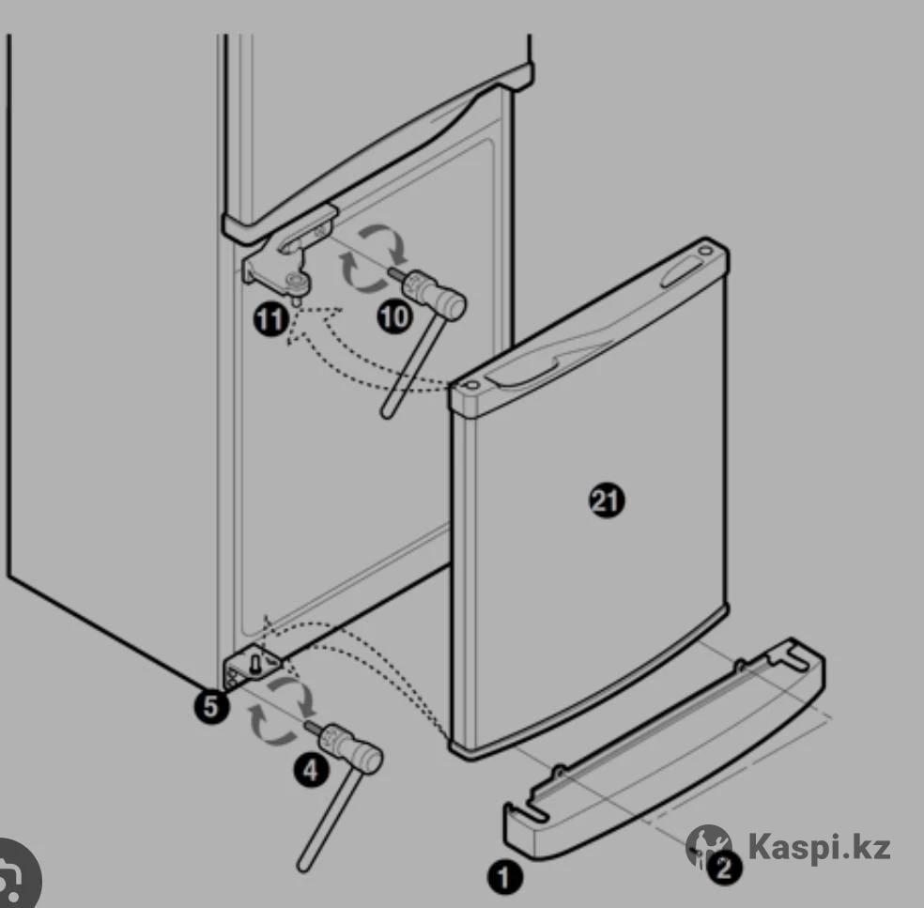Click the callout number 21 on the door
(607, 500)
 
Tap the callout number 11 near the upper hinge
(271, 320)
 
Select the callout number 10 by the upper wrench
(394, 317)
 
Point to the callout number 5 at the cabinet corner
(211, 706)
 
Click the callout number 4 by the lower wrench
(311, 770)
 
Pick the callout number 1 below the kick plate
(504, 877)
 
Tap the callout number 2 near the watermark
(724, 868)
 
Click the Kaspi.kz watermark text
(819, 847)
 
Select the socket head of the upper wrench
(435, 293)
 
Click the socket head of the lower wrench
(352, 747)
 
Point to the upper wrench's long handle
(411, 368)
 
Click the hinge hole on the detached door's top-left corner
(470, 385)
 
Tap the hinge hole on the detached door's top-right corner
(705, 251)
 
